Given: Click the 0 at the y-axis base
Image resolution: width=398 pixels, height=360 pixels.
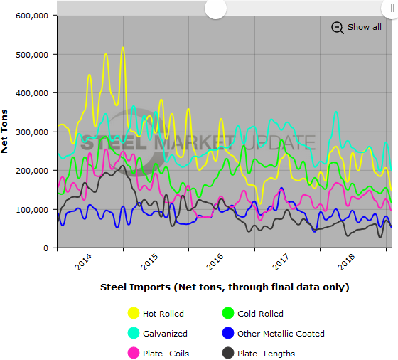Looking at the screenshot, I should pyautogui.click(x=45, y=248).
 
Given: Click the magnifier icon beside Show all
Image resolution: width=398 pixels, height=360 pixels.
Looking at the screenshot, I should pyautogui.click(x=338, y=28).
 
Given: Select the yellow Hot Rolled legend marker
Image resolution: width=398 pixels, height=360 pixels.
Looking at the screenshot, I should pyautogui.click(x=133, y=313).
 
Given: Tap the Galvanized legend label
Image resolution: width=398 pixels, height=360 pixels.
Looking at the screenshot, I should pyautogui.click(x=165, y=333).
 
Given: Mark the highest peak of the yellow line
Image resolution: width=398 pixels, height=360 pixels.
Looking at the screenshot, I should pyautogui.click(x=122, y=48).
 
